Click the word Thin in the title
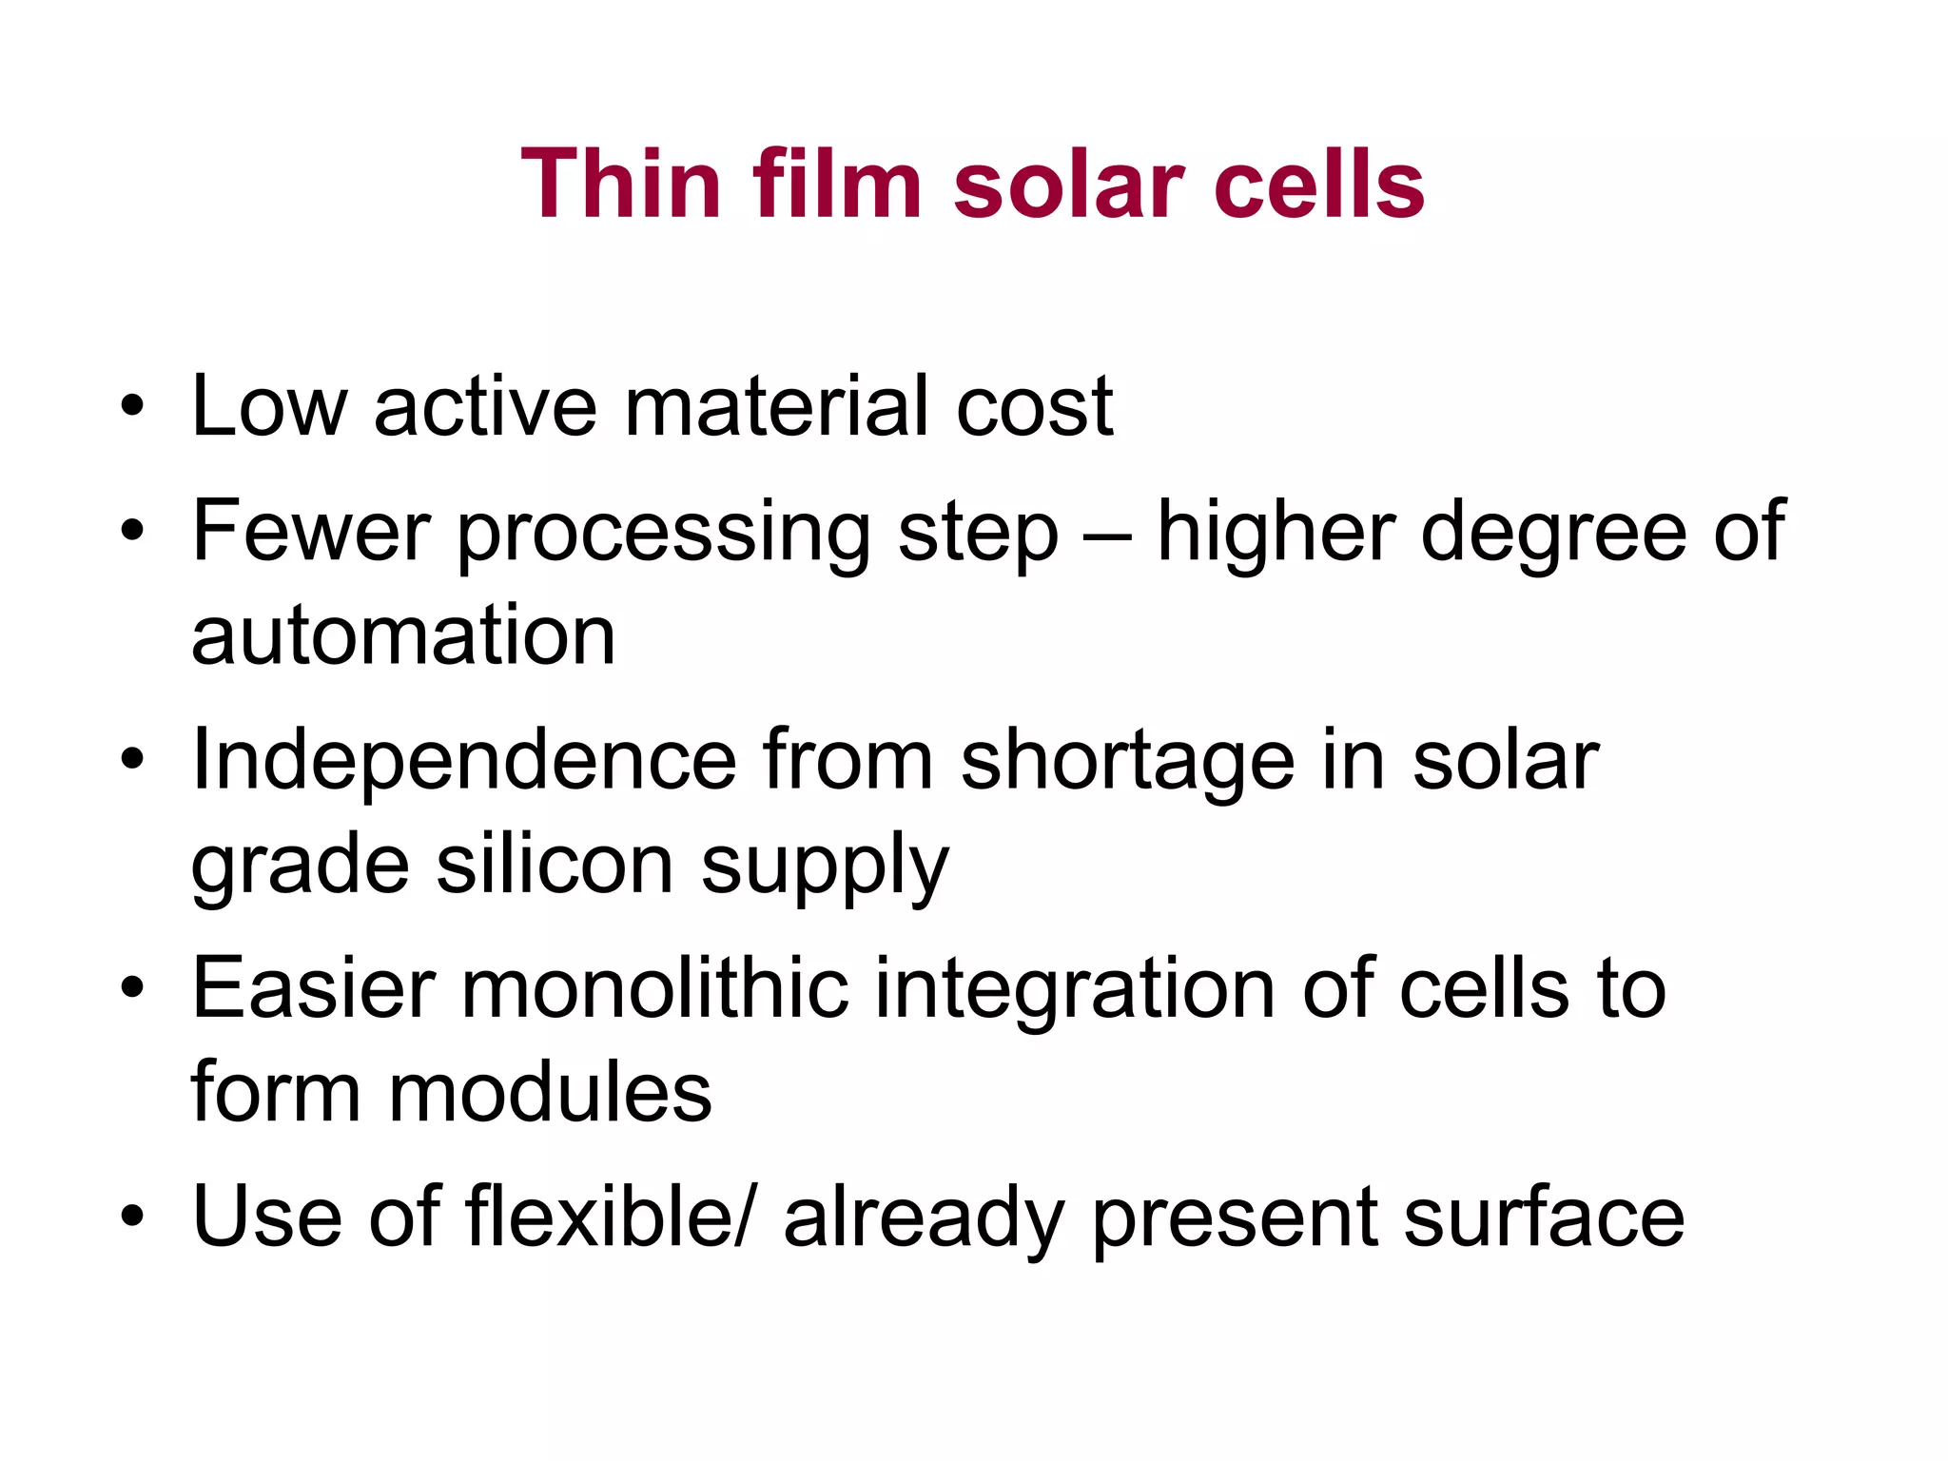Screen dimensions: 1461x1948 pos(620,185)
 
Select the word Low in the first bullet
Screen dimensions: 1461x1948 pos(269,407)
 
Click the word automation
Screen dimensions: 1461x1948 pos(403,635)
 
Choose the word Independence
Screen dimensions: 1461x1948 pos(464,761)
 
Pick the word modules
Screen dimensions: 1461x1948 pos(550,1092)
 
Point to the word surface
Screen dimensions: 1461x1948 pos(1544,1218)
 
